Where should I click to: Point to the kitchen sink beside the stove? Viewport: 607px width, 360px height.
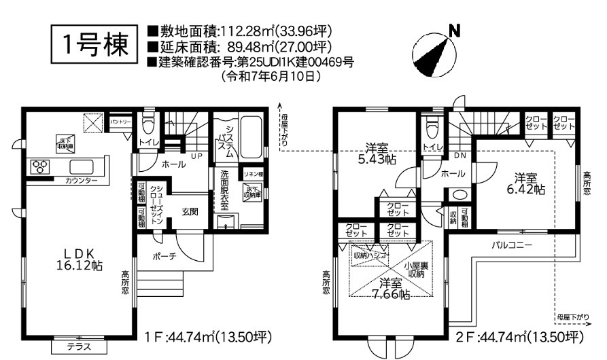[82, 166]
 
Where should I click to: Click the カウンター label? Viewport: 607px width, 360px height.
[81, 181]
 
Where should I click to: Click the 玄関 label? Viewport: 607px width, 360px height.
[190, 212]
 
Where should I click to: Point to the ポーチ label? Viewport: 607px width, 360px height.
[164, 256]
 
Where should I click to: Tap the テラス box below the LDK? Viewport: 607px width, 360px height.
[78, 346]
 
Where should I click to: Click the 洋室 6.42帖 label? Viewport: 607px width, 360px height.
[528, 184]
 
